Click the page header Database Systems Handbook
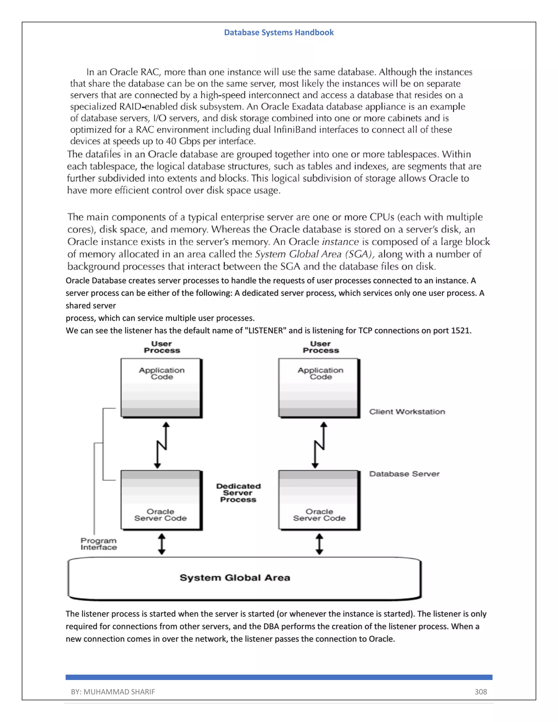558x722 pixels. point(279,32)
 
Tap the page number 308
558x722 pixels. point(480,691)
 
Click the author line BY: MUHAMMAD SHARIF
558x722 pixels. point(113,691)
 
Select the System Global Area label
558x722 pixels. point(235,578)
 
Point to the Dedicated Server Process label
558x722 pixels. point(238,493)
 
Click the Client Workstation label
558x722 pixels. point(407,412)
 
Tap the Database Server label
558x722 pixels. point(404,474)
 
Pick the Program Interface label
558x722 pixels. point(99,544)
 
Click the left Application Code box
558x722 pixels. point(161,388)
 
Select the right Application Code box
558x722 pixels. point(319,388)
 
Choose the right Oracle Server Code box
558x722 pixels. point(319,500)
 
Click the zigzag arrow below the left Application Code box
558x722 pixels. point(162,445)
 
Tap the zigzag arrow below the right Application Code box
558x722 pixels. point(319,445)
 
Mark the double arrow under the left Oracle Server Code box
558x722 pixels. point(162,544)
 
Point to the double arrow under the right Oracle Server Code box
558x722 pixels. point(319,544)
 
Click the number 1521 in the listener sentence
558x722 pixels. point(460,330)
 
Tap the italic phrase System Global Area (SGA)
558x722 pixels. point(315,254)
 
